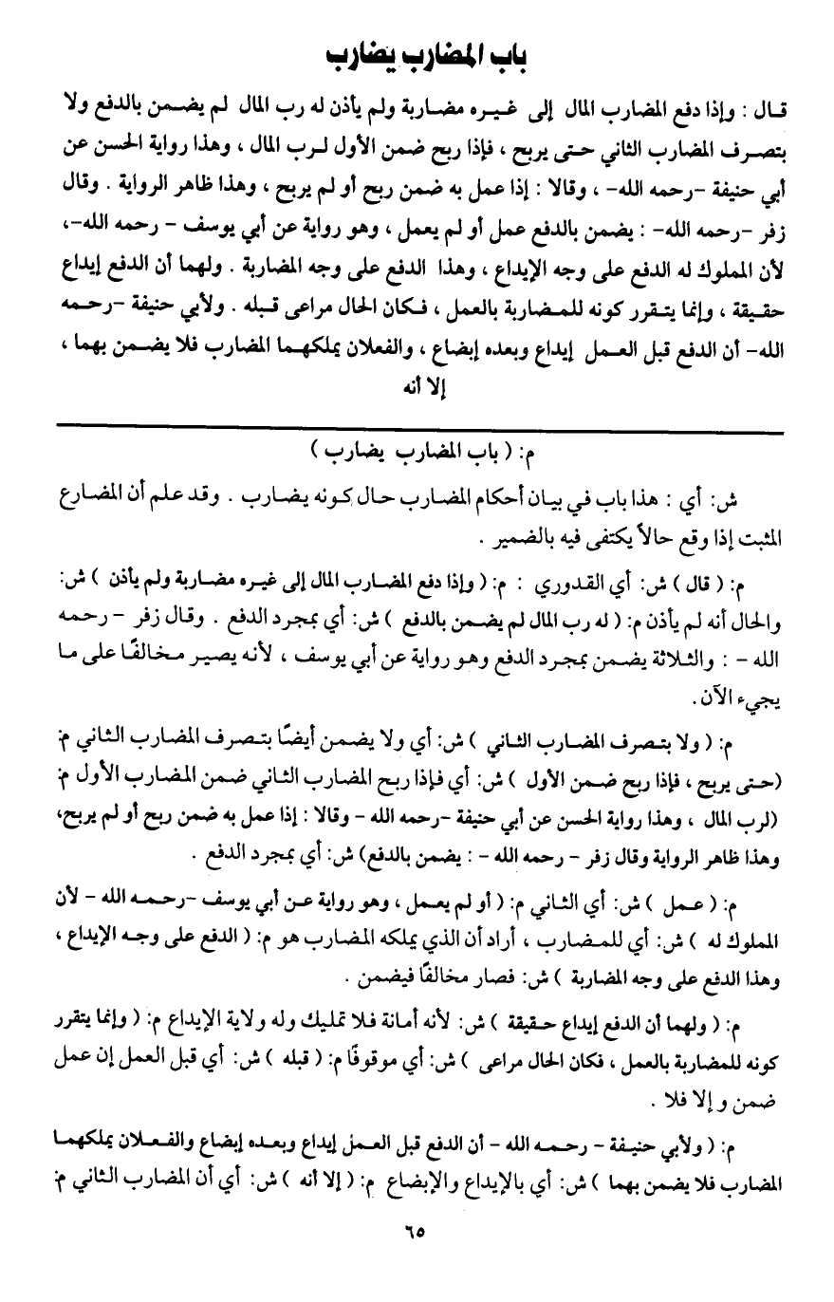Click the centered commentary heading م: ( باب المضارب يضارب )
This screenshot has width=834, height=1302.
(417, 460)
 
